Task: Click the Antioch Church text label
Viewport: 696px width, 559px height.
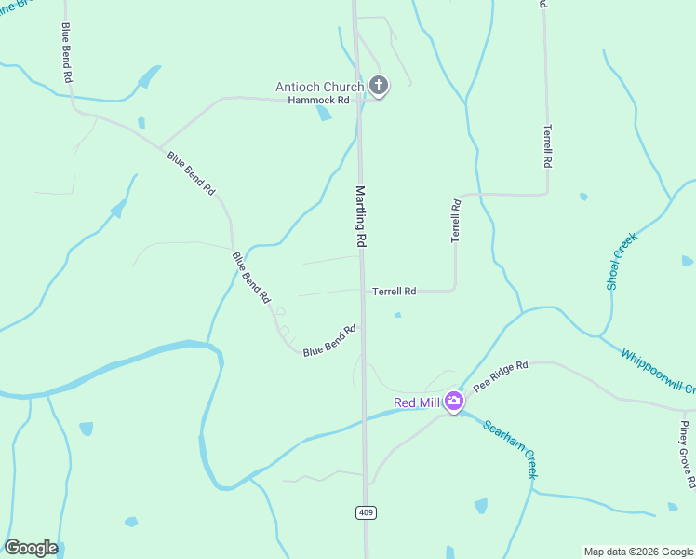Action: pyautogui.click(x=319, y=88)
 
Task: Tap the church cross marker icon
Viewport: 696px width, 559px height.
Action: pyautogui.click(x=378, y=87)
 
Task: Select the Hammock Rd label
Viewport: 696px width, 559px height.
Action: pyautogui.click(x=318, y=100)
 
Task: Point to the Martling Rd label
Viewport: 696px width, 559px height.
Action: pyautogui.click(x=360, y=215)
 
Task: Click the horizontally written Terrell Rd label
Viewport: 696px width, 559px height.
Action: pyautogui.click(x=394, y=291)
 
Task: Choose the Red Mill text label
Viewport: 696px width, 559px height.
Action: pyautogui.click(x=416, y=402)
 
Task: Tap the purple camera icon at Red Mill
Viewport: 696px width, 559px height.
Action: pyautogui.click(x=454, y=402)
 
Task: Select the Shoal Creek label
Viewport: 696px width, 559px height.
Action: pyautogui.click(x=621, y=261)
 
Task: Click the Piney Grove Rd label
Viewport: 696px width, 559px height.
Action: pyautogui.click(x=687, y=455)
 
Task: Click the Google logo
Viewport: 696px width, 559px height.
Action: pyautogui.click(x=31, y=548)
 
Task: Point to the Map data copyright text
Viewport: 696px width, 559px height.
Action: pyautogui.click(x=638, y=552)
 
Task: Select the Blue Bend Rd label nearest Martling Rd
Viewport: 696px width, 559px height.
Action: pyautogui.click(x=329, y=340)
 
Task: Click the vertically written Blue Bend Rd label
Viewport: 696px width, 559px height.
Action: pyautogui.click(x=66, y=54)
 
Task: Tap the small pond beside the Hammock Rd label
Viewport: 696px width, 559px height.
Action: pyautogui.click(x=324, y=114)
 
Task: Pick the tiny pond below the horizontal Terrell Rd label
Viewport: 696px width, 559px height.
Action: pyautogui.click(x=397, y=315)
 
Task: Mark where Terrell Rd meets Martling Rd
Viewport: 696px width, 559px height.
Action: pyautogui.click(x=363, y=291)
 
